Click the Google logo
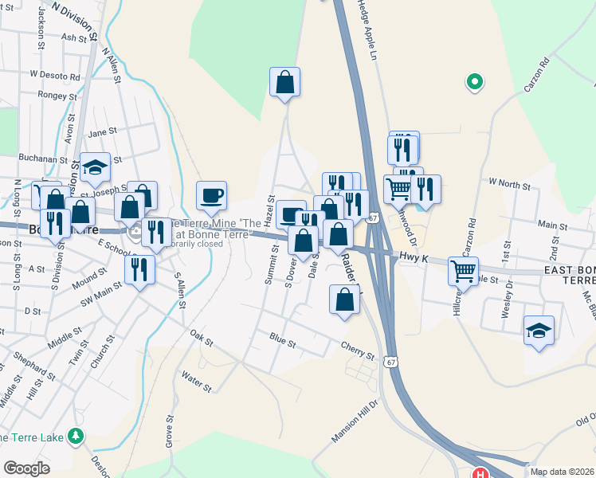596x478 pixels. (27, 468)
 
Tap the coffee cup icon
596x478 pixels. (211, 195)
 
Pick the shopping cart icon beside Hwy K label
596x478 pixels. (462, 271)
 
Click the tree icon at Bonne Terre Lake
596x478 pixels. (76, 436)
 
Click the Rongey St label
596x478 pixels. (57, 94)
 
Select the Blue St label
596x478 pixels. (282, 343)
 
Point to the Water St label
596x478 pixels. (196, 382)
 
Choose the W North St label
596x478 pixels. (510, 185)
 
